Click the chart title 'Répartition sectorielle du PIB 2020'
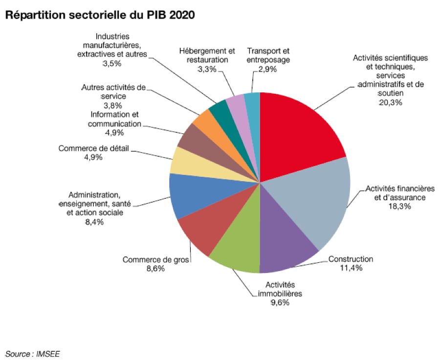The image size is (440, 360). click(100, 15)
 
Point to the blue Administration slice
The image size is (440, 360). click(188, 195)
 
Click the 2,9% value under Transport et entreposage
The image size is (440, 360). click(268, 69)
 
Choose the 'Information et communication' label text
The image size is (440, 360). click(115, 119)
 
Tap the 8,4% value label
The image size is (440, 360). click(93, 222)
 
